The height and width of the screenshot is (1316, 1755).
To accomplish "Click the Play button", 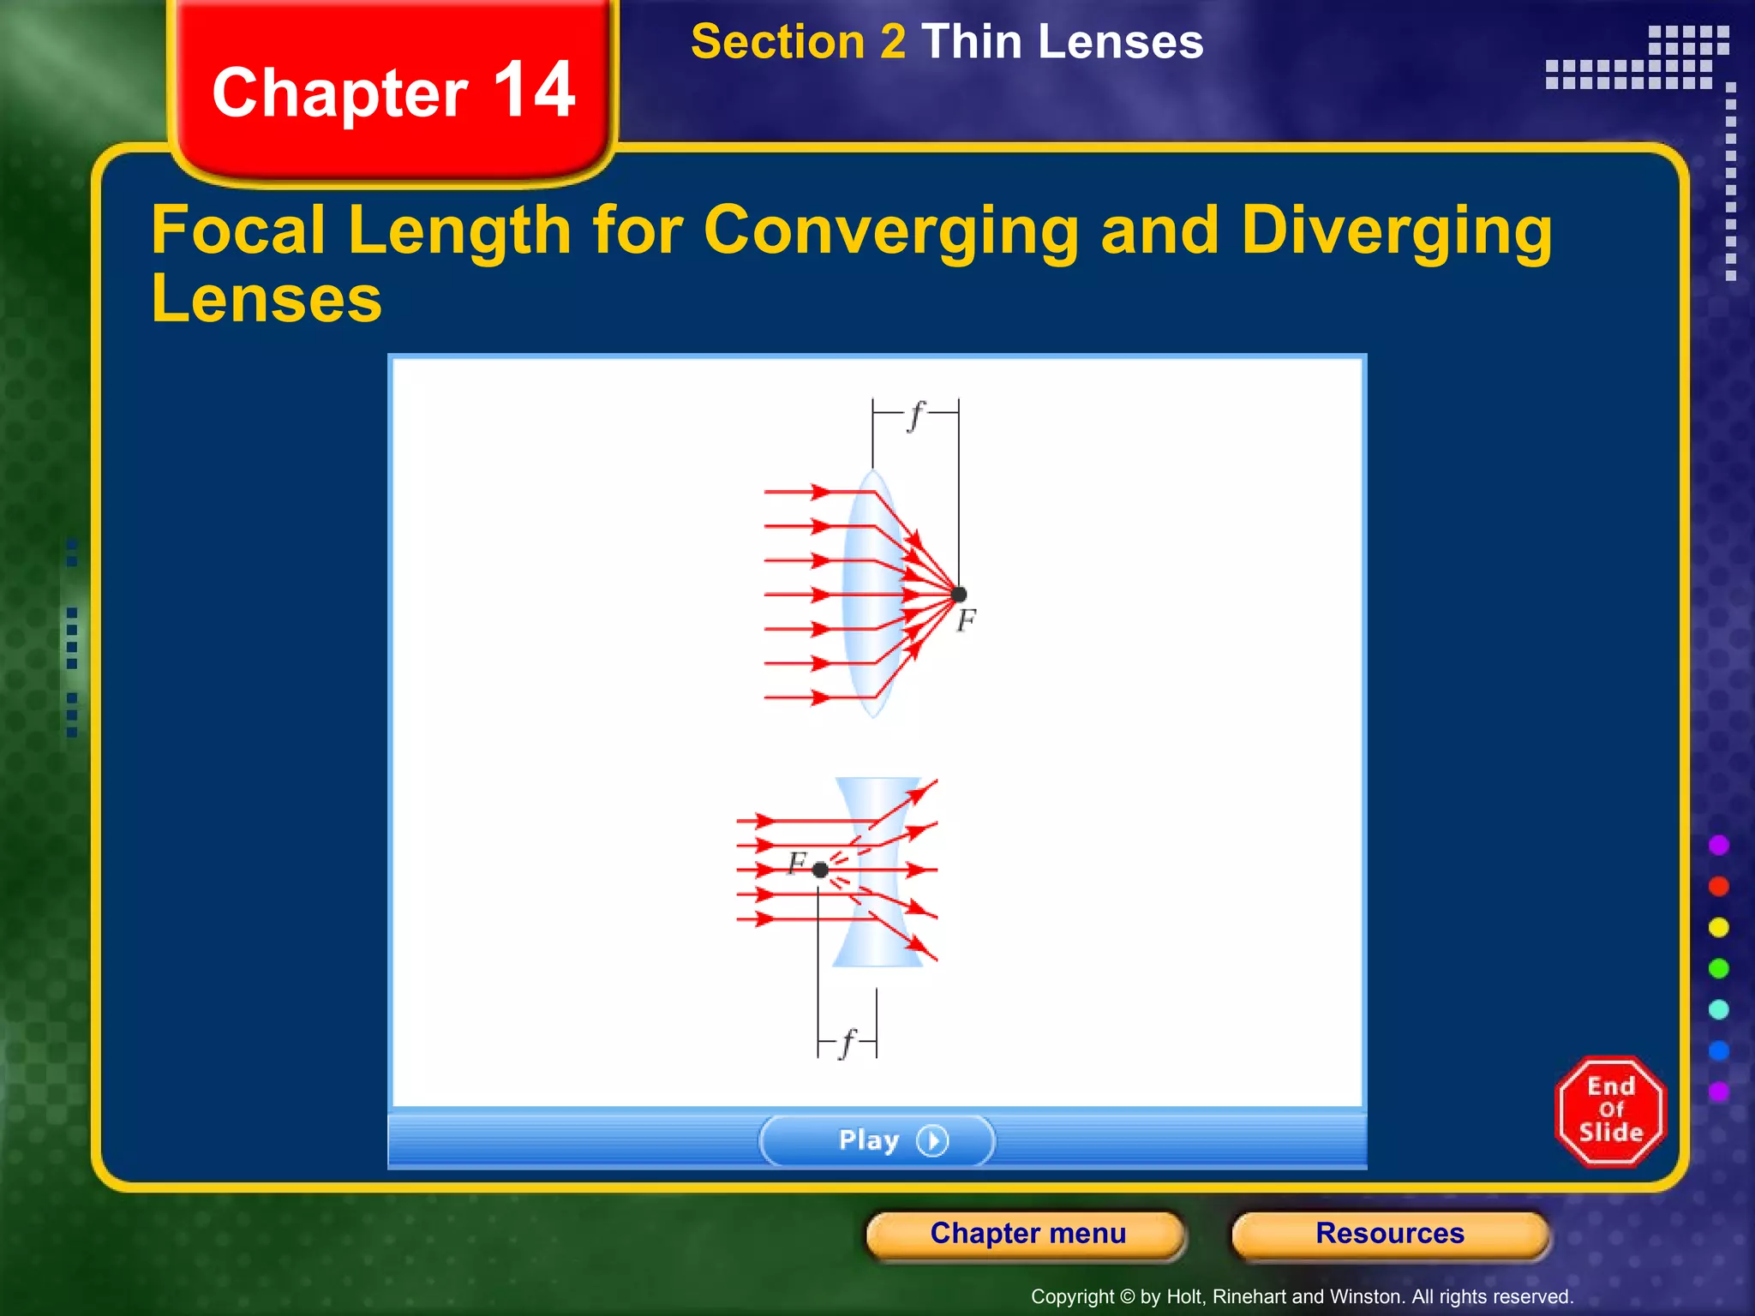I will point(877,1140).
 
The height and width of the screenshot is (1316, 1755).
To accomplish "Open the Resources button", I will point(1389,1233).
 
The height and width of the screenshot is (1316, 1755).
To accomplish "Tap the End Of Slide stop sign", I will point(1610,1110).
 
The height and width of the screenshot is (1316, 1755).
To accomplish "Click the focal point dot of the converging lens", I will point(959,594).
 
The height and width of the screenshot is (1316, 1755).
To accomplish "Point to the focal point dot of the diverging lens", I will point(820,870).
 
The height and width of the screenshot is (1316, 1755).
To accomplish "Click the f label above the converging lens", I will point(916,416).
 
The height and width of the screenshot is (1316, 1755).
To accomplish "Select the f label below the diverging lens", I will point(848,1043).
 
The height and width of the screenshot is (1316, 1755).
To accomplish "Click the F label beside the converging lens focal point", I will point(967,619).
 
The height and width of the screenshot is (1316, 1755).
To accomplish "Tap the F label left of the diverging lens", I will point(797,862).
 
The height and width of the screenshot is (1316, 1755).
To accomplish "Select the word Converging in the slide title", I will point(890,231).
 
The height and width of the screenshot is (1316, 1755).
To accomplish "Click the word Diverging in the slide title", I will point(1396,231).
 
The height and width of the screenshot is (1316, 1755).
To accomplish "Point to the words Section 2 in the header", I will point(798,42).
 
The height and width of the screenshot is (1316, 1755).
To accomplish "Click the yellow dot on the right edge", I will point(1718,927).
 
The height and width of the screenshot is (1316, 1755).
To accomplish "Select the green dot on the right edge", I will point(1718,968).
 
